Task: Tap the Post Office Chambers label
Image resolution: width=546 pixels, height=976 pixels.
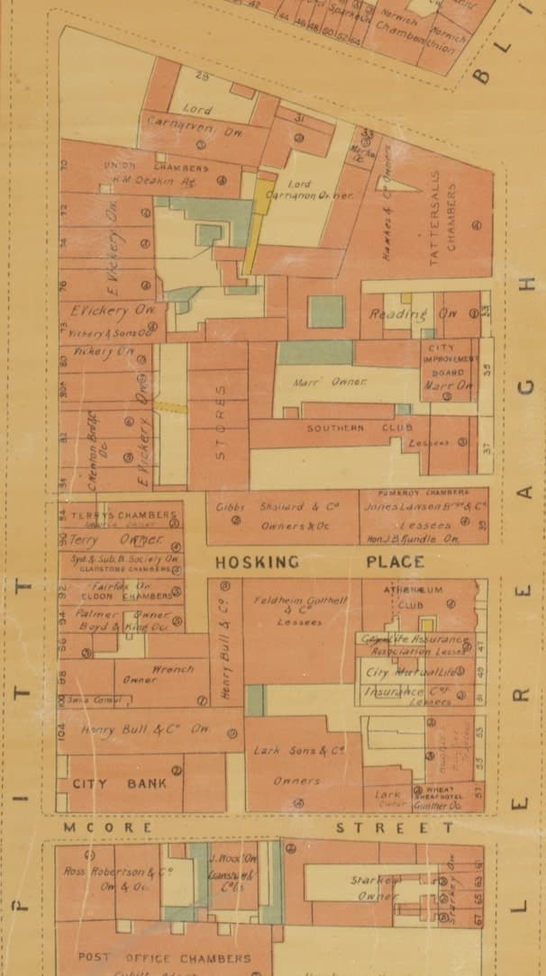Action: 164,957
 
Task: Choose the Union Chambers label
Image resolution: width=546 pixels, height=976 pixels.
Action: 156,167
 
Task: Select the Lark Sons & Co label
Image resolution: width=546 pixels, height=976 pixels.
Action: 303,750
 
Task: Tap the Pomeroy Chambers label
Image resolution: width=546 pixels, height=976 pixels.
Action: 423,493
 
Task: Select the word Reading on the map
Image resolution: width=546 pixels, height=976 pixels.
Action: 398,314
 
